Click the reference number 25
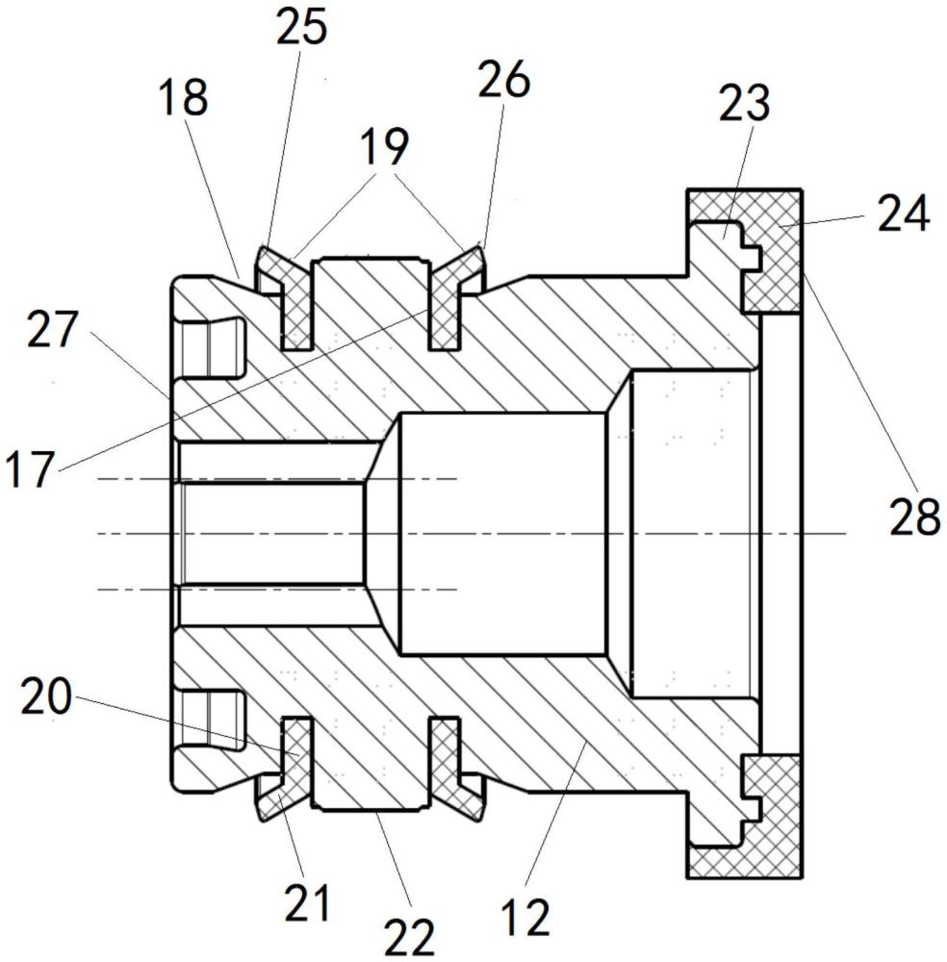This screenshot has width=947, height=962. pyautogui.click(x=301, y=28)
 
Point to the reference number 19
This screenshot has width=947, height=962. pyautogui.click(x=384, y=146)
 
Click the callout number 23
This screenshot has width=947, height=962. pyautogui.click(x=745, y=103)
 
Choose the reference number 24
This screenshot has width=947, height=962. pyautogui.click(x=904, y=215)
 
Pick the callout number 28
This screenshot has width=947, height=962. pyautogui.click(x=915, y=517)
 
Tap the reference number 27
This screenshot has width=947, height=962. pyautogui.click(x=53, y=329)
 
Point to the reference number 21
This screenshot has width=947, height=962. pyautogui.click(x=307, y=903)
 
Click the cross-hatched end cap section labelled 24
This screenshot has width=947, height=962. pyautogui.click(x=775, y=251)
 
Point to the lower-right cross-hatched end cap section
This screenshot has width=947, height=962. pyautogui.click(x=774, y=816)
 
